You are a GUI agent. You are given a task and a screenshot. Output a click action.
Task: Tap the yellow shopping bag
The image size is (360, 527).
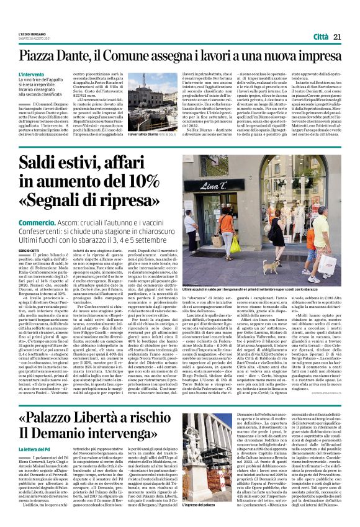235,244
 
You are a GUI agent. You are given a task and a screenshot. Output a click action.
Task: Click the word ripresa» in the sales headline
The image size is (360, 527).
118,202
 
